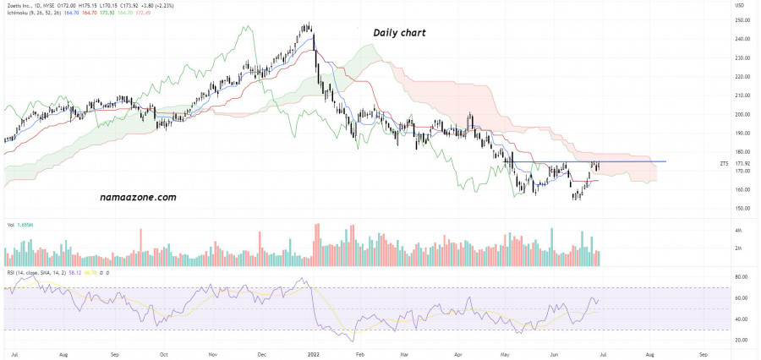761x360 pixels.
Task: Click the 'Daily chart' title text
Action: pyautogui.click(x=399, y=33)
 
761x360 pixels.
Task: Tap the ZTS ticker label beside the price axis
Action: pyautogui.click(x=724, y=162)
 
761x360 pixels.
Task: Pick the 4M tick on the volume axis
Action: pyautogui.click(x=738, y=230)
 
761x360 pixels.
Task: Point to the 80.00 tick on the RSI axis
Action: pyautogui.click(x=742, y=278)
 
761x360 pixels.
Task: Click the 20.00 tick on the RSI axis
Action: pyautogui.click(x=742, y=340)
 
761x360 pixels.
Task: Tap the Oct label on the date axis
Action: pyautogui.click(x=163, y=352)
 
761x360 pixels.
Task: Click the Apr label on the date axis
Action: pyautogui.click(x=458, y=352)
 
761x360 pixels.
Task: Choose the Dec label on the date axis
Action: pyautogui.click(x=261, y=352)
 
